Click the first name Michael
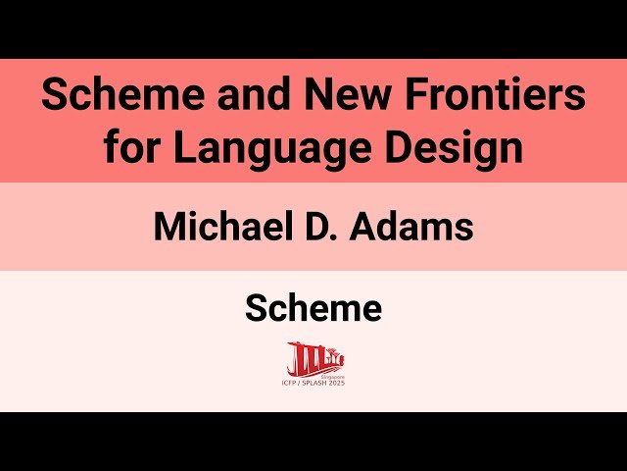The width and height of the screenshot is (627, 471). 220,227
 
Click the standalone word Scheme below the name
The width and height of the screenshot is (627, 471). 313,309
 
